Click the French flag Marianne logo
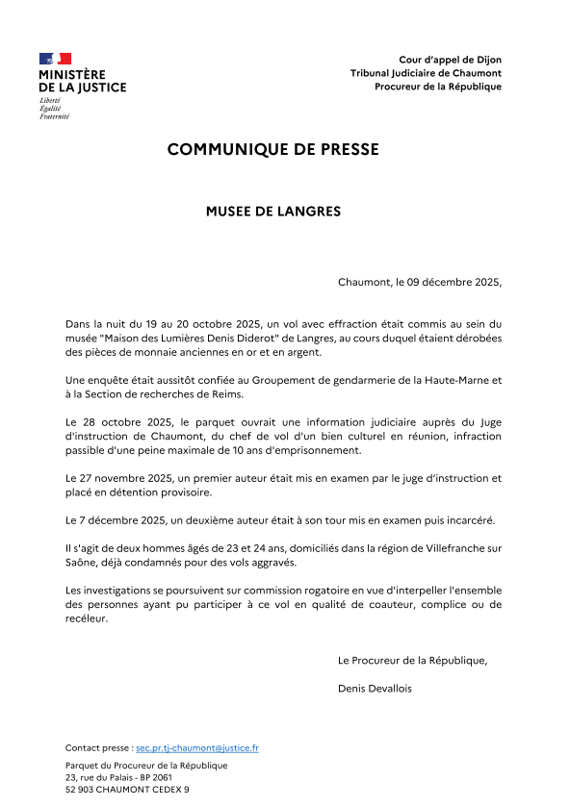(x=56, y=59)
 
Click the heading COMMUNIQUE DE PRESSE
(x=273, y=149)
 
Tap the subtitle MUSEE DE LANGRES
(x=273, y=211)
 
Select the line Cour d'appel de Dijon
(x=451, y=60)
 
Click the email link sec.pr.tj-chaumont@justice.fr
(x=197, y=747)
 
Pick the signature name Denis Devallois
(x=377, y=688)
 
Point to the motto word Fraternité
(x=54, y=116)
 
